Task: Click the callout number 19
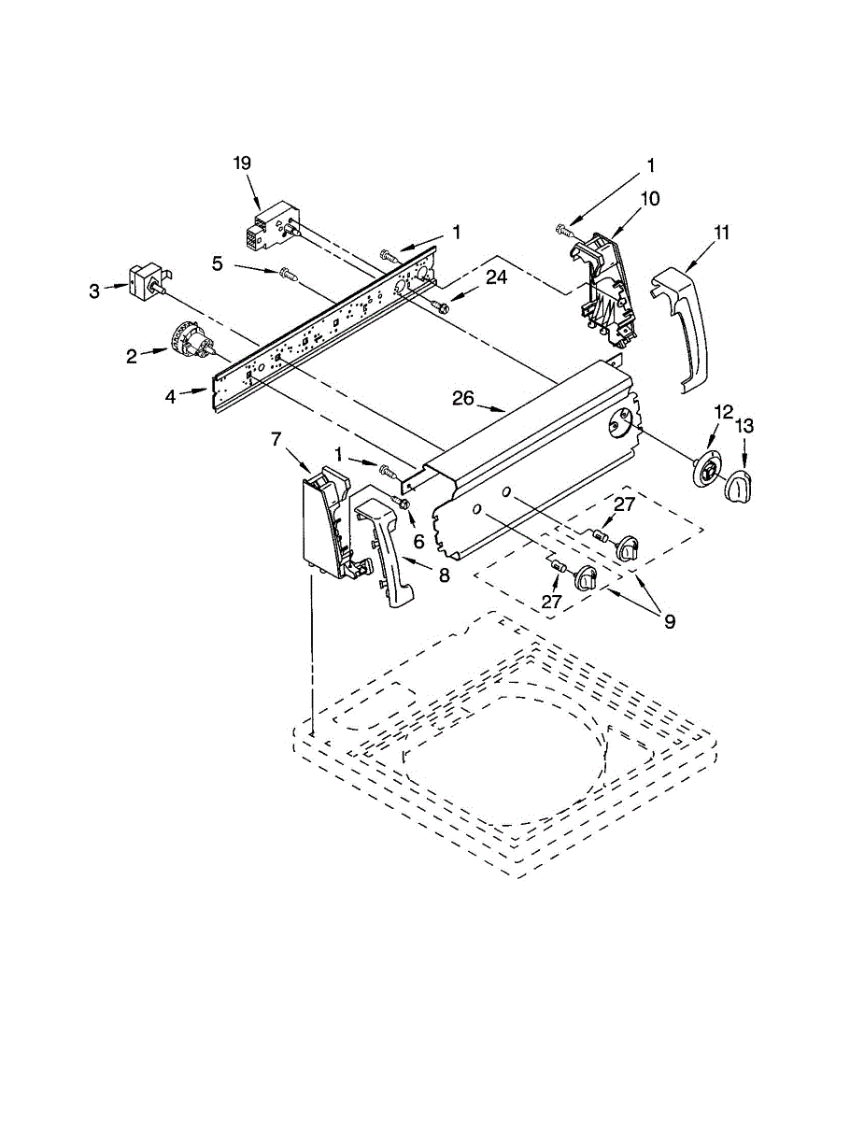[x=242, y=163]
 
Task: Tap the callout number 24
[x=496, y=277]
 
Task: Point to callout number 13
[x=744, y=427]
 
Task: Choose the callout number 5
[x=217, y=264]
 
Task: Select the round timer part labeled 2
[x=191, y=342]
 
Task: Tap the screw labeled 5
[x=285, y=274]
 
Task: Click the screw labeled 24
[x=441, y=305]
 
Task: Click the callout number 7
[x=276, y=438]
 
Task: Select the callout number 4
[x=170, y=397]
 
